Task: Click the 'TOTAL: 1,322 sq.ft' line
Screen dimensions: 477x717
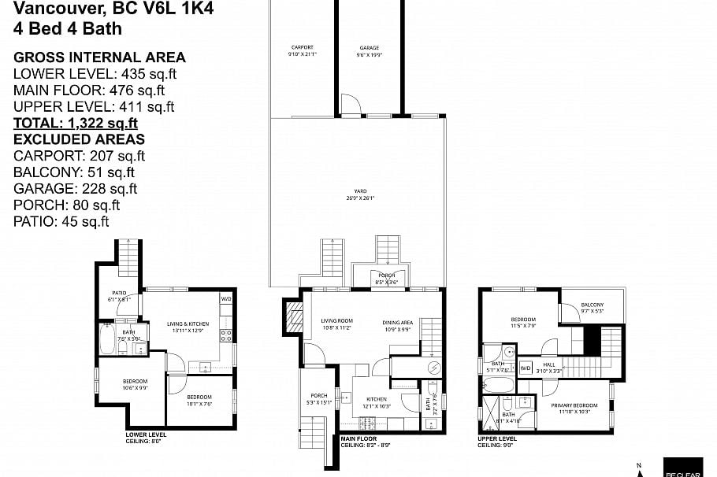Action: tap(76, 123)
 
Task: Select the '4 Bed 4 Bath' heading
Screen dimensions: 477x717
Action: tap(68, 29)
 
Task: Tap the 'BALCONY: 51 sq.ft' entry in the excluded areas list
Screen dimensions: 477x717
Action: tap(74, 172)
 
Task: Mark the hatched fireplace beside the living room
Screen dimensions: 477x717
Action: tap(293, 317)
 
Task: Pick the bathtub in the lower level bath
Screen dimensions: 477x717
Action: tap(108, 341)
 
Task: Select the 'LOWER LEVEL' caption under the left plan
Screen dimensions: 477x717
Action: tap(146, 434)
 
